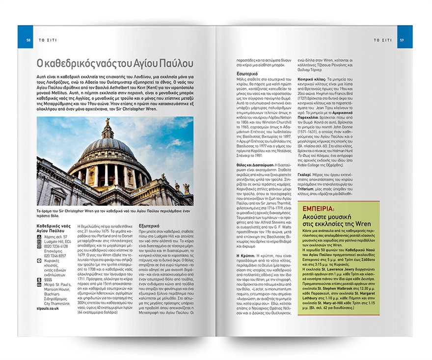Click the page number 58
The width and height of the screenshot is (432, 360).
(x=29, y=40)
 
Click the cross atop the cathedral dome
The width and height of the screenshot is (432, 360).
(x=107, y=121)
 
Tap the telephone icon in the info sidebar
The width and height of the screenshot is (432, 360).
(x=39, y=246)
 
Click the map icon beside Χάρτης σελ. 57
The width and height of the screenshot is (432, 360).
(x=39, y=236)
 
